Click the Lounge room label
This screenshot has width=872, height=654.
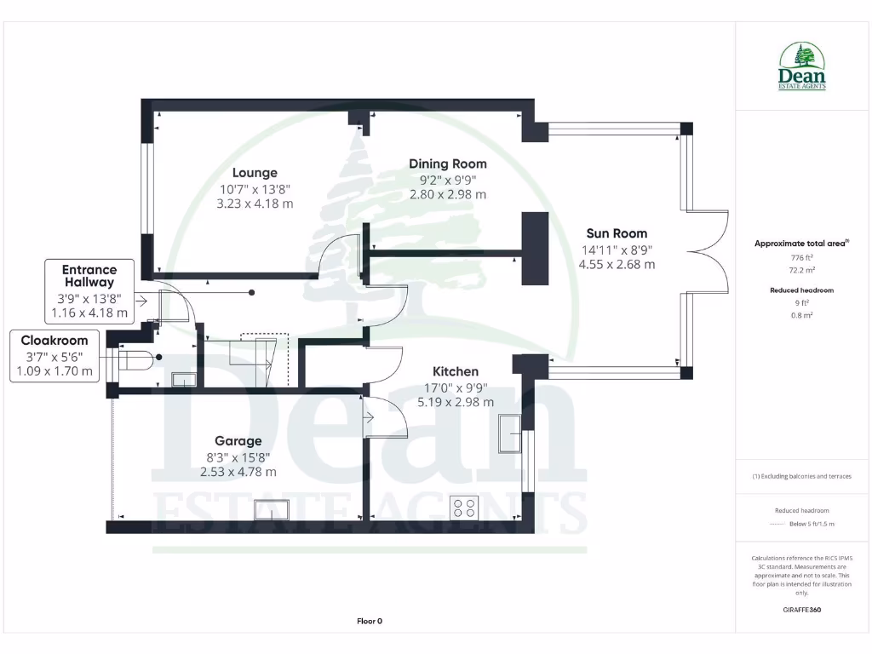(255, 173)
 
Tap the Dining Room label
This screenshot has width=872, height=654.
(447, 163)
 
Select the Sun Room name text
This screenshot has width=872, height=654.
(617, 233)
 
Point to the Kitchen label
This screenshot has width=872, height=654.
(456, 371)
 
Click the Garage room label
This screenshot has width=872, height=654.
(238, 441)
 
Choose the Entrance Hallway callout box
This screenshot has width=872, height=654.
(89, 291)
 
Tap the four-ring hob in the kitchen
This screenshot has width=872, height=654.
(465, 508)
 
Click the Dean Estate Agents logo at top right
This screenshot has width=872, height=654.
(801, 66)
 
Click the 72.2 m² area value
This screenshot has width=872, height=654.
(801, 267)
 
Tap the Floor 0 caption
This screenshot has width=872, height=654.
(370, 621)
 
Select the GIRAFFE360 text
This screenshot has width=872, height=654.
(801, 610)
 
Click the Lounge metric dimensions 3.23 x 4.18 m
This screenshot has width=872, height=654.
(255, 204)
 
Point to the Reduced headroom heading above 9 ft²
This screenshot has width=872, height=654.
(801, 290)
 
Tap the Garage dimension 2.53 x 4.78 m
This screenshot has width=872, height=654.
(238, 472)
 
